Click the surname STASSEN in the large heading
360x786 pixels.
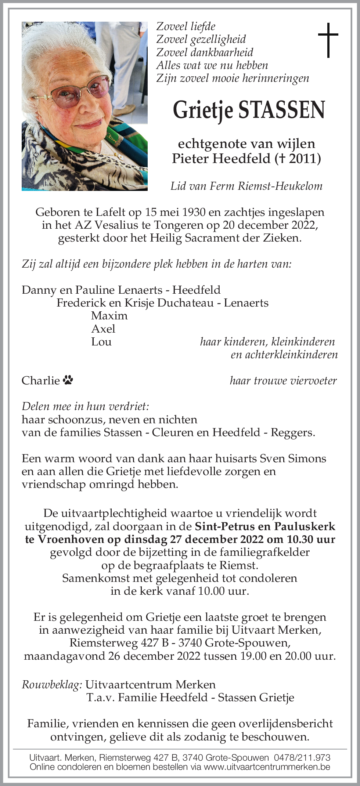pyautogui.click(x=282, y=110)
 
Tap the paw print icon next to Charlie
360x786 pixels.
pyautogui.click(x=68, y=380)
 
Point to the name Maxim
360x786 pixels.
pyautogui.click(x=109, y=316)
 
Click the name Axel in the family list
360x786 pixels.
pyautogui.click(x=103, y=329)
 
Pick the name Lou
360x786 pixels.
pyautogui.click(x=101, y=342)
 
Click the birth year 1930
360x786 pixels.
pyautogui.click(x=194, y=212)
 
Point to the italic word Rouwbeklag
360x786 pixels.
pyautogui.click(x=52, y=685)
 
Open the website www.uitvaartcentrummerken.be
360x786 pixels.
pyautogui.click(x=267, y=767)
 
